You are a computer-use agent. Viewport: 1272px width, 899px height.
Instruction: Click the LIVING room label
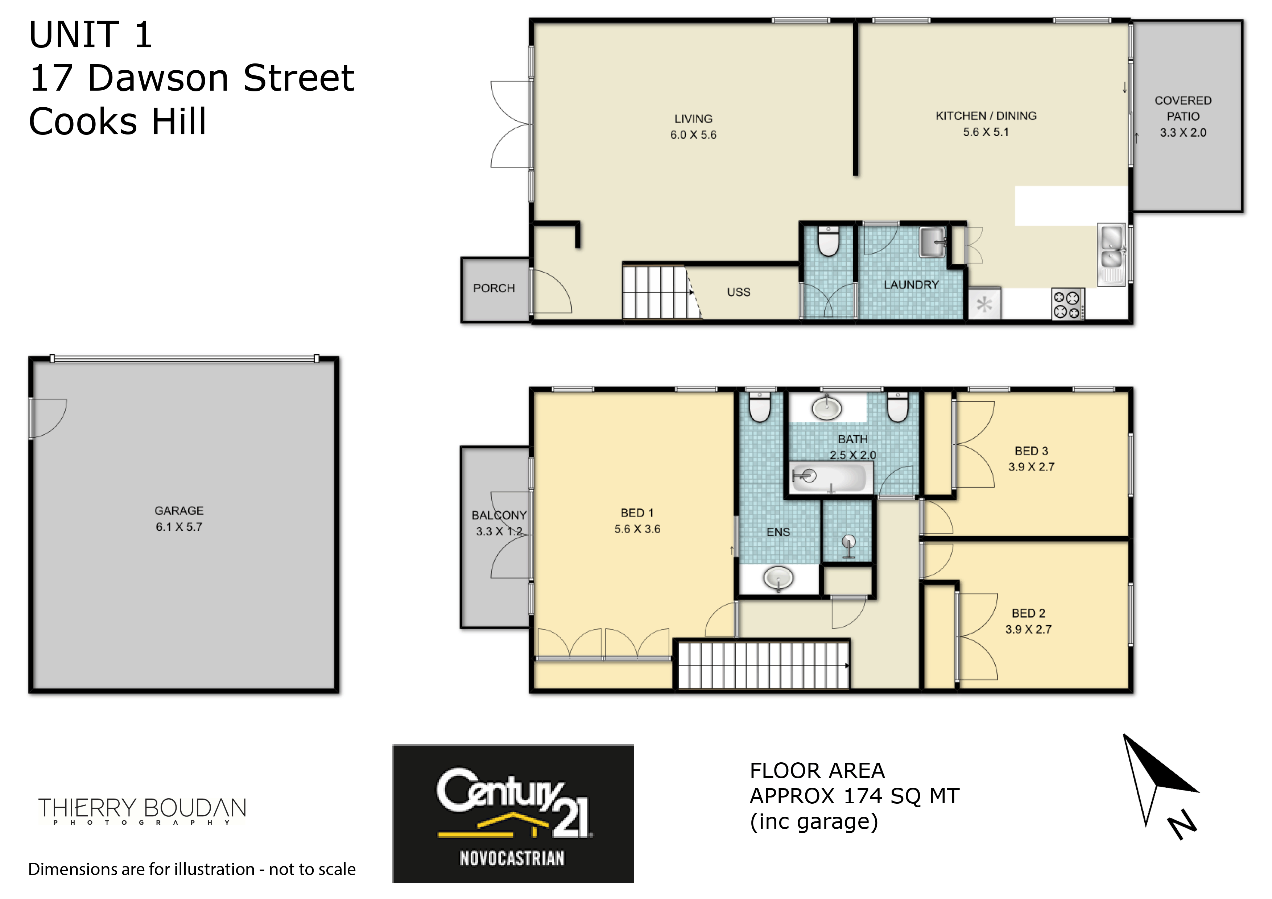pyautogui.click(x=693, y=119)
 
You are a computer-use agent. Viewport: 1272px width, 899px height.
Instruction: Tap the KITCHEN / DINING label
pyautogui.click(x=986, y=116)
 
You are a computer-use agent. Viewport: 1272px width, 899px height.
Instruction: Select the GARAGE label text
pyautogui.click(x=179, y=511)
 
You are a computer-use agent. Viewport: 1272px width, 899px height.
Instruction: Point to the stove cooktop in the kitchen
pyautogui.click(x=1067, y=304)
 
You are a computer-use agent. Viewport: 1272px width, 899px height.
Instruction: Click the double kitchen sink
pyautogui.click(x=1111, y=254)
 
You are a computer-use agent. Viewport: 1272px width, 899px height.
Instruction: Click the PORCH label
pyautogui.click(x=493, y=288)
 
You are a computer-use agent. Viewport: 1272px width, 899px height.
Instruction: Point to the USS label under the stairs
pyautogui.click(x=739, y=292)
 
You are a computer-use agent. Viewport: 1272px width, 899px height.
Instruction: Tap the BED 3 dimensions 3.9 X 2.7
pyautogui.click(x=1031, y=467)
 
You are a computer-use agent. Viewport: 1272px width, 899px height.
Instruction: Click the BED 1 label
pyautogui.click(x=637, y=513)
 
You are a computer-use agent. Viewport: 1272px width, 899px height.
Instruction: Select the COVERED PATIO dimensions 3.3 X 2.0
pyautogui.click(x=1183, y=132)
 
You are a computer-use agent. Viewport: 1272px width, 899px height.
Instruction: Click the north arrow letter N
pyautogui.click(x=1182, y=824)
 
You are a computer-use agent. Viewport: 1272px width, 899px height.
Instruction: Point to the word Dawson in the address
pyautogui.click(x=158, y=78)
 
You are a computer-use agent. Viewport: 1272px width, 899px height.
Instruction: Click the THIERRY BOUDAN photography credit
pyautogui.click(x=142, y=811)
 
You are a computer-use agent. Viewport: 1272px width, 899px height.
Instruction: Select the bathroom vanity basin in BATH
pyautogui.click(x=827, y=409)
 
